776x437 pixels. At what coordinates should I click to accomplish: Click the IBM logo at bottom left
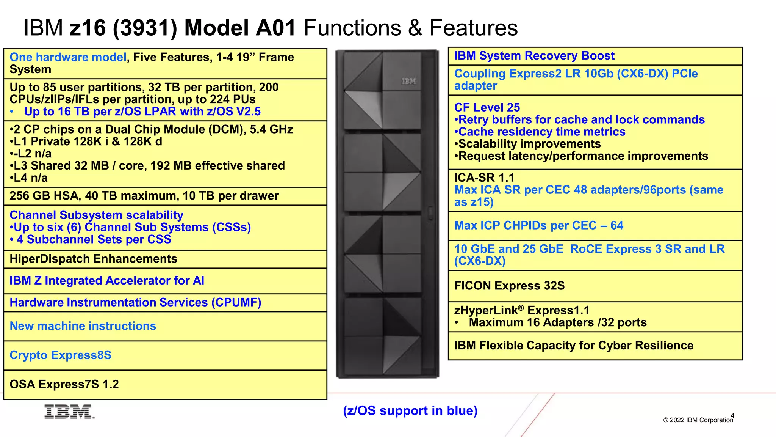click(69, 412)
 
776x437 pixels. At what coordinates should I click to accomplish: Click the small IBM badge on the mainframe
click(408, 81)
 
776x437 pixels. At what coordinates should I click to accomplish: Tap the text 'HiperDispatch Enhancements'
click(93, 259)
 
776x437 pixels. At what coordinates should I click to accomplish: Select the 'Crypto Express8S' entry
click(60, 355)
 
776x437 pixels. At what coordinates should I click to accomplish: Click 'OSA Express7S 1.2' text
click(64, 385)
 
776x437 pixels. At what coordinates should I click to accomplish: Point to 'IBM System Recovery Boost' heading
click(534, 56)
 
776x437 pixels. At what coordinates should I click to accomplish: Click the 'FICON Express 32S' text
click(509, 286)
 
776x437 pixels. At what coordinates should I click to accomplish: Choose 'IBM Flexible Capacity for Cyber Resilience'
click(573, 346)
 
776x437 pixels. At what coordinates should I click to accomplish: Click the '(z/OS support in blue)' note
click(410, 411)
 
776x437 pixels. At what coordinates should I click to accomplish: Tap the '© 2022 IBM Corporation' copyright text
click(698, 420)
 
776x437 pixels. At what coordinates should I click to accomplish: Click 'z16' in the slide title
click(88, 28)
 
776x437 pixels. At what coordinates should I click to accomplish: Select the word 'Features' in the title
click(473, 28)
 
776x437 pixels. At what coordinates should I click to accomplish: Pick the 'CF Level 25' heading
click(487, 108)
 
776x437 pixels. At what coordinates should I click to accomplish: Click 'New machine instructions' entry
click(83, 326)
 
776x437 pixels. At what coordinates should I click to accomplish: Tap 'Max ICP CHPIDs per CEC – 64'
click(538, 226)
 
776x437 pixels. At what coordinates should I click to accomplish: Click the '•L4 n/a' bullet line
click(29, 178)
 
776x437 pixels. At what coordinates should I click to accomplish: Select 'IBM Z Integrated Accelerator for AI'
click(106, 281)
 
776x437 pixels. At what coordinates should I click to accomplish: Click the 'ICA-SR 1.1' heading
click(484, 178)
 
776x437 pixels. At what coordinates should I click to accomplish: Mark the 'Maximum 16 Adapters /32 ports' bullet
click(557, 322)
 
